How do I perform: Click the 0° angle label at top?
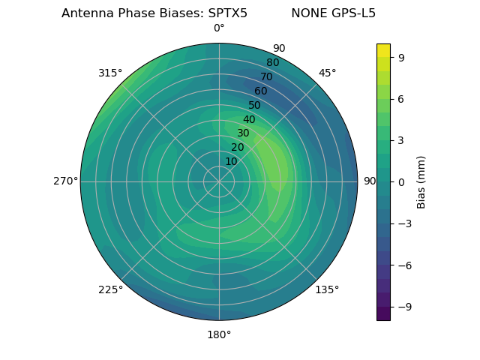tap(219, 28)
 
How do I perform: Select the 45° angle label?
tap(327, 73)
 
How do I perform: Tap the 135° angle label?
tap(327, 289)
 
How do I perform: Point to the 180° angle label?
tap(219, 334)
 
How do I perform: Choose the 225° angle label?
tap(110, 289)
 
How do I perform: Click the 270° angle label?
tap(65, 181)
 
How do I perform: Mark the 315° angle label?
tap(110, 73)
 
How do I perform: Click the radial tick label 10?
tap(231, 161)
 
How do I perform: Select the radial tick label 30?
tap(243, 133)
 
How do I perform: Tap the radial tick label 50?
tap(255, 106)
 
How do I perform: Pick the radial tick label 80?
tap(272, 63)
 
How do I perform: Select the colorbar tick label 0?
tap(402, 181)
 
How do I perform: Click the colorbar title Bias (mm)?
tap(421, 181)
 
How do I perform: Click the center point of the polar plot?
tap(219, 181)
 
